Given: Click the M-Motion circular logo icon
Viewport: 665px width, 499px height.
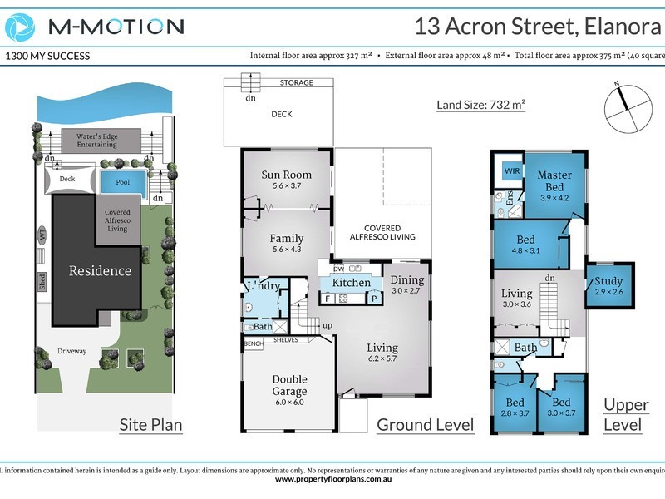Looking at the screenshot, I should [22, 27].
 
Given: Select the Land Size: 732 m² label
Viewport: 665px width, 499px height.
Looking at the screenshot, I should [481, 105].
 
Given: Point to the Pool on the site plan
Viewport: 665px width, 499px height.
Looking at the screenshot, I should [122, 181].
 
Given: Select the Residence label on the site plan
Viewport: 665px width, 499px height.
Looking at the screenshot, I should [100, 270].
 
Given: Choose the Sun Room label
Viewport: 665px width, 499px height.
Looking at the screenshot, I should [286, 175].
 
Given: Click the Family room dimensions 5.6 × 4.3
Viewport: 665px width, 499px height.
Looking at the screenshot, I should [286, 249].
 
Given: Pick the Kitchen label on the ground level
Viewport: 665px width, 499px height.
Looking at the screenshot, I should [352, 283].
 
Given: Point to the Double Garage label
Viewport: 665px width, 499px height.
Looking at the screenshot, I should [289, 386].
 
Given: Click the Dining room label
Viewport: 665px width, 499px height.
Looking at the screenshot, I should [406, 280].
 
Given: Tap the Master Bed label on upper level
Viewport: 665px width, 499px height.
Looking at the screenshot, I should [554, 181].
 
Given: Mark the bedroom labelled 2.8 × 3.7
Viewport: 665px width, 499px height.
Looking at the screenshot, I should [514, 408].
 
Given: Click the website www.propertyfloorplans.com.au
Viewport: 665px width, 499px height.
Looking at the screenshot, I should [332, 479].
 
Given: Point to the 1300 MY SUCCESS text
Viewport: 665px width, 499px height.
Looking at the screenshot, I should [47, 57].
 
